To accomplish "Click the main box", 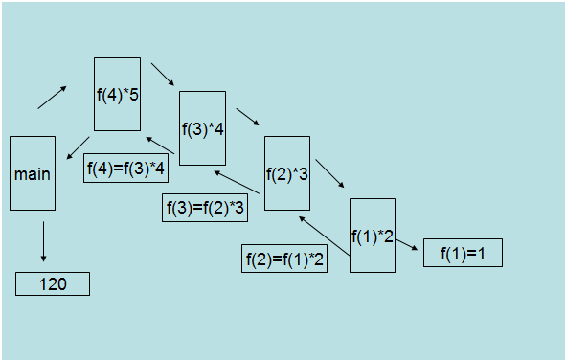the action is point(32,173).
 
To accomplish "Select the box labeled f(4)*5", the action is point(117,94).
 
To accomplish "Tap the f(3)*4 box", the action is point(202,128).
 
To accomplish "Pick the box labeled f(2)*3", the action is point(286,173).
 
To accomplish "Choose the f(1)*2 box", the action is point(372,235).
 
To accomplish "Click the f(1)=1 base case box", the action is point(462,253).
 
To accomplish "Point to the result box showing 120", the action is point(53,283).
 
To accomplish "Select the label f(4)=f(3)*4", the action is point(126,169).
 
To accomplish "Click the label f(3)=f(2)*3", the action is point(205,208).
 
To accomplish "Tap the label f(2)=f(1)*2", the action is point(284,259).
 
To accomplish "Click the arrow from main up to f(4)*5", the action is point(53,97).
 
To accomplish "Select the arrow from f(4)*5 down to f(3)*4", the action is point(164,75).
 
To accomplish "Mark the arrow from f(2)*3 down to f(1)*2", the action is point(329,174).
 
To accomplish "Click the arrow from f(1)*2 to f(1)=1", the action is point(407,246).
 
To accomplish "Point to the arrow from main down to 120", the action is point(43,241).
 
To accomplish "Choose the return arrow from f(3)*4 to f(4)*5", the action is point(160,145).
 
